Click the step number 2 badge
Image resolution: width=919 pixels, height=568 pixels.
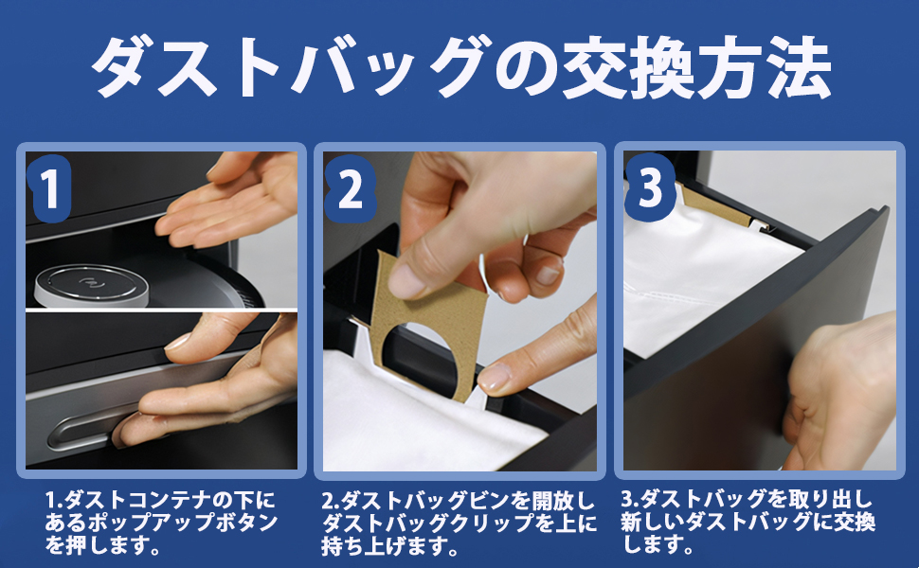tap(351, 189)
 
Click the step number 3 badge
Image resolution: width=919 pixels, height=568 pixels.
tap(649, 188)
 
